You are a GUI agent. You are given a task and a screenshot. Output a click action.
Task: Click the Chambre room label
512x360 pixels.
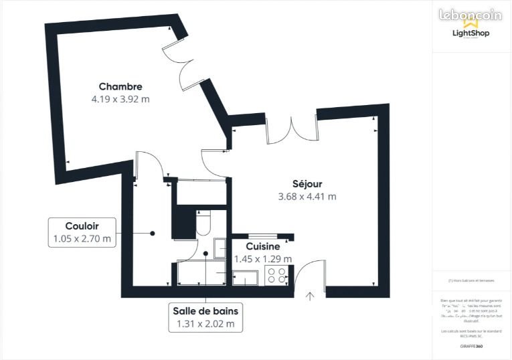(x=120, y=86)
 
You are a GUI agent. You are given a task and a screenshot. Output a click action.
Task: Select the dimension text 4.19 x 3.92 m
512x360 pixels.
(x=120, y=99)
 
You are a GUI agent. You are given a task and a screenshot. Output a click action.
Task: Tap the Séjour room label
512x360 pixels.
(x=307, y=184)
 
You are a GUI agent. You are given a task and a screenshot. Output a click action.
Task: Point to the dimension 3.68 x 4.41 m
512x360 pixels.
(x=307, y=197)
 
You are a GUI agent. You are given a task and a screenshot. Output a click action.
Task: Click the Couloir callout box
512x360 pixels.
(x=82, y=232)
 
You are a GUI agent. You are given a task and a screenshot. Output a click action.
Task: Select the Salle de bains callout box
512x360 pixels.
(x=205, y=317)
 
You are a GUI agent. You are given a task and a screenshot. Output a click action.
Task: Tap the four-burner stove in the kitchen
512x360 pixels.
(x=277, y=275)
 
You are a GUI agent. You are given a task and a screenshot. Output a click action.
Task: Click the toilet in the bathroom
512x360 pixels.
(x=204, y=223)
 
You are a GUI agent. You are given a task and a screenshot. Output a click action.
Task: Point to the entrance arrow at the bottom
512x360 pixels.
(x=310, y=296)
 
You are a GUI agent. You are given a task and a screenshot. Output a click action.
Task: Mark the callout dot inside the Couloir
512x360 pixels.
(x=153, y=234)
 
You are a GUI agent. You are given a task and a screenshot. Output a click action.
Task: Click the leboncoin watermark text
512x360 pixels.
(x=470, y=14)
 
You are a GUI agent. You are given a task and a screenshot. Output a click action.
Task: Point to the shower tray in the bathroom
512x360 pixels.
(x=201, y=274)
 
